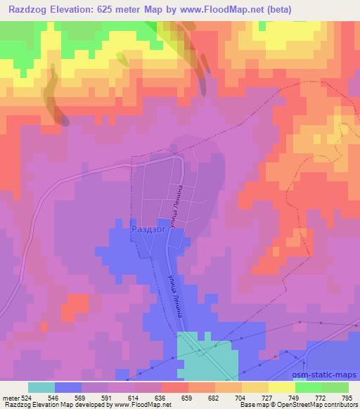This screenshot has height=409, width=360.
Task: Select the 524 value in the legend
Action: [x=25, y=398]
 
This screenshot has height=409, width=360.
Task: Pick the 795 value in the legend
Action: [x=348, y=398]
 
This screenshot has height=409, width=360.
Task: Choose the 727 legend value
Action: [x=268, y=398]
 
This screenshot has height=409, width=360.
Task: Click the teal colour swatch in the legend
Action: [x=41, y=387]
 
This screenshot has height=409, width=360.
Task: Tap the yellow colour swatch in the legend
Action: [x=281, y=387]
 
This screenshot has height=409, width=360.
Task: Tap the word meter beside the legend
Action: [x=11, y=398]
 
